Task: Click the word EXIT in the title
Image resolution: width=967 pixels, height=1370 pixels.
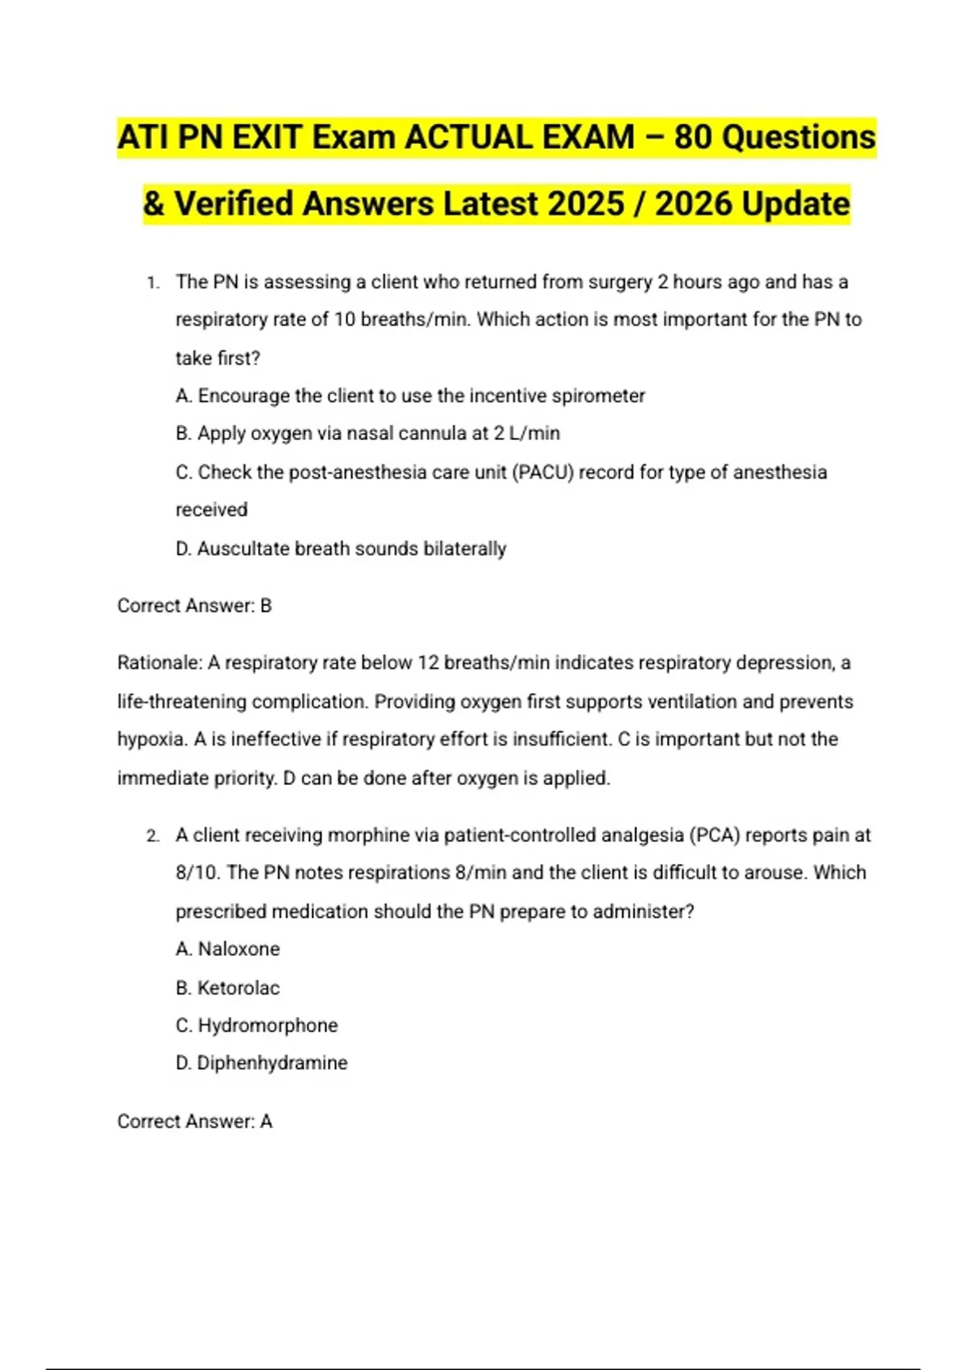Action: pos(267,138)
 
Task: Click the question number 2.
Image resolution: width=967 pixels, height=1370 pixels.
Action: pos(152,837)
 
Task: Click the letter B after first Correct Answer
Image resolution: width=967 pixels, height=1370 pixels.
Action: pos(266,606)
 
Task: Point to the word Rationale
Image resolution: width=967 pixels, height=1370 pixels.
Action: pos(159,663)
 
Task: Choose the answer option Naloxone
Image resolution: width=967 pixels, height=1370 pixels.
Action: pos(239,949)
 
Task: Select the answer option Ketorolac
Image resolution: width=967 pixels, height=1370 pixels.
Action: pos(239,988)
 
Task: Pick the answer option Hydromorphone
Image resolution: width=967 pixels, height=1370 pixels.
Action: pos(268,1026)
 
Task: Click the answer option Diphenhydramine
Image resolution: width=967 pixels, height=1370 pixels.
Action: pos(272,1064)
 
